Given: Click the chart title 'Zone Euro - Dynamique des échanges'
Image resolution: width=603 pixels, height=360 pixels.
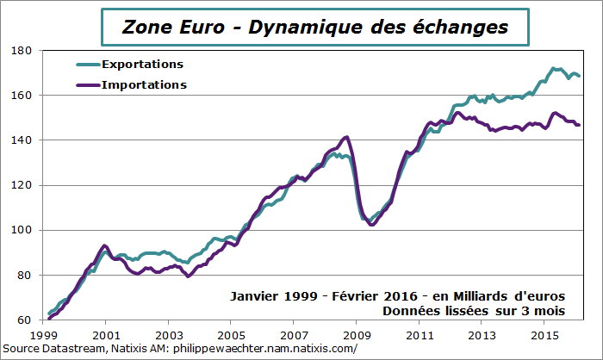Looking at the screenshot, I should [315, 26].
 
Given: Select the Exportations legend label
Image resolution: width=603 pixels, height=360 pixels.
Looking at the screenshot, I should [142, 65].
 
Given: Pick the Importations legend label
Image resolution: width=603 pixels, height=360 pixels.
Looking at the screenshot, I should [144, 84].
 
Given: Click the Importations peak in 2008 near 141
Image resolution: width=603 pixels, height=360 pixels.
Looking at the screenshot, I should [346, 137].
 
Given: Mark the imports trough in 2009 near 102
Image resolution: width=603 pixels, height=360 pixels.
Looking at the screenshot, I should [371, 225].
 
